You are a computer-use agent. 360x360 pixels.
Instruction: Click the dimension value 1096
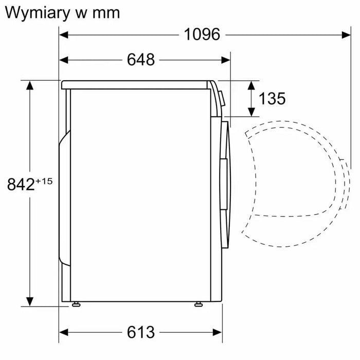tap(202, 34)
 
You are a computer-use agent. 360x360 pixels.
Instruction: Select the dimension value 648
tap(140, 60)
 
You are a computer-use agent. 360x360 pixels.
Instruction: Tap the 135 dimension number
tap(272, 98)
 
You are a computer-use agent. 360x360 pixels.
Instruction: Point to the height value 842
tap(20, 184)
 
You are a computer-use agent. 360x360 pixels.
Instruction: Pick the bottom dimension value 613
tap(140, 332)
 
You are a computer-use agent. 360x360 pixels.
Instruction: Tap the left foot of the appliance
tap(77, 304)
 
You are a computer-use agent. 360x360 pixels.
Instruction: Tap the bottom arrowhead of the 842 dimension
tap(30, 301)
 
